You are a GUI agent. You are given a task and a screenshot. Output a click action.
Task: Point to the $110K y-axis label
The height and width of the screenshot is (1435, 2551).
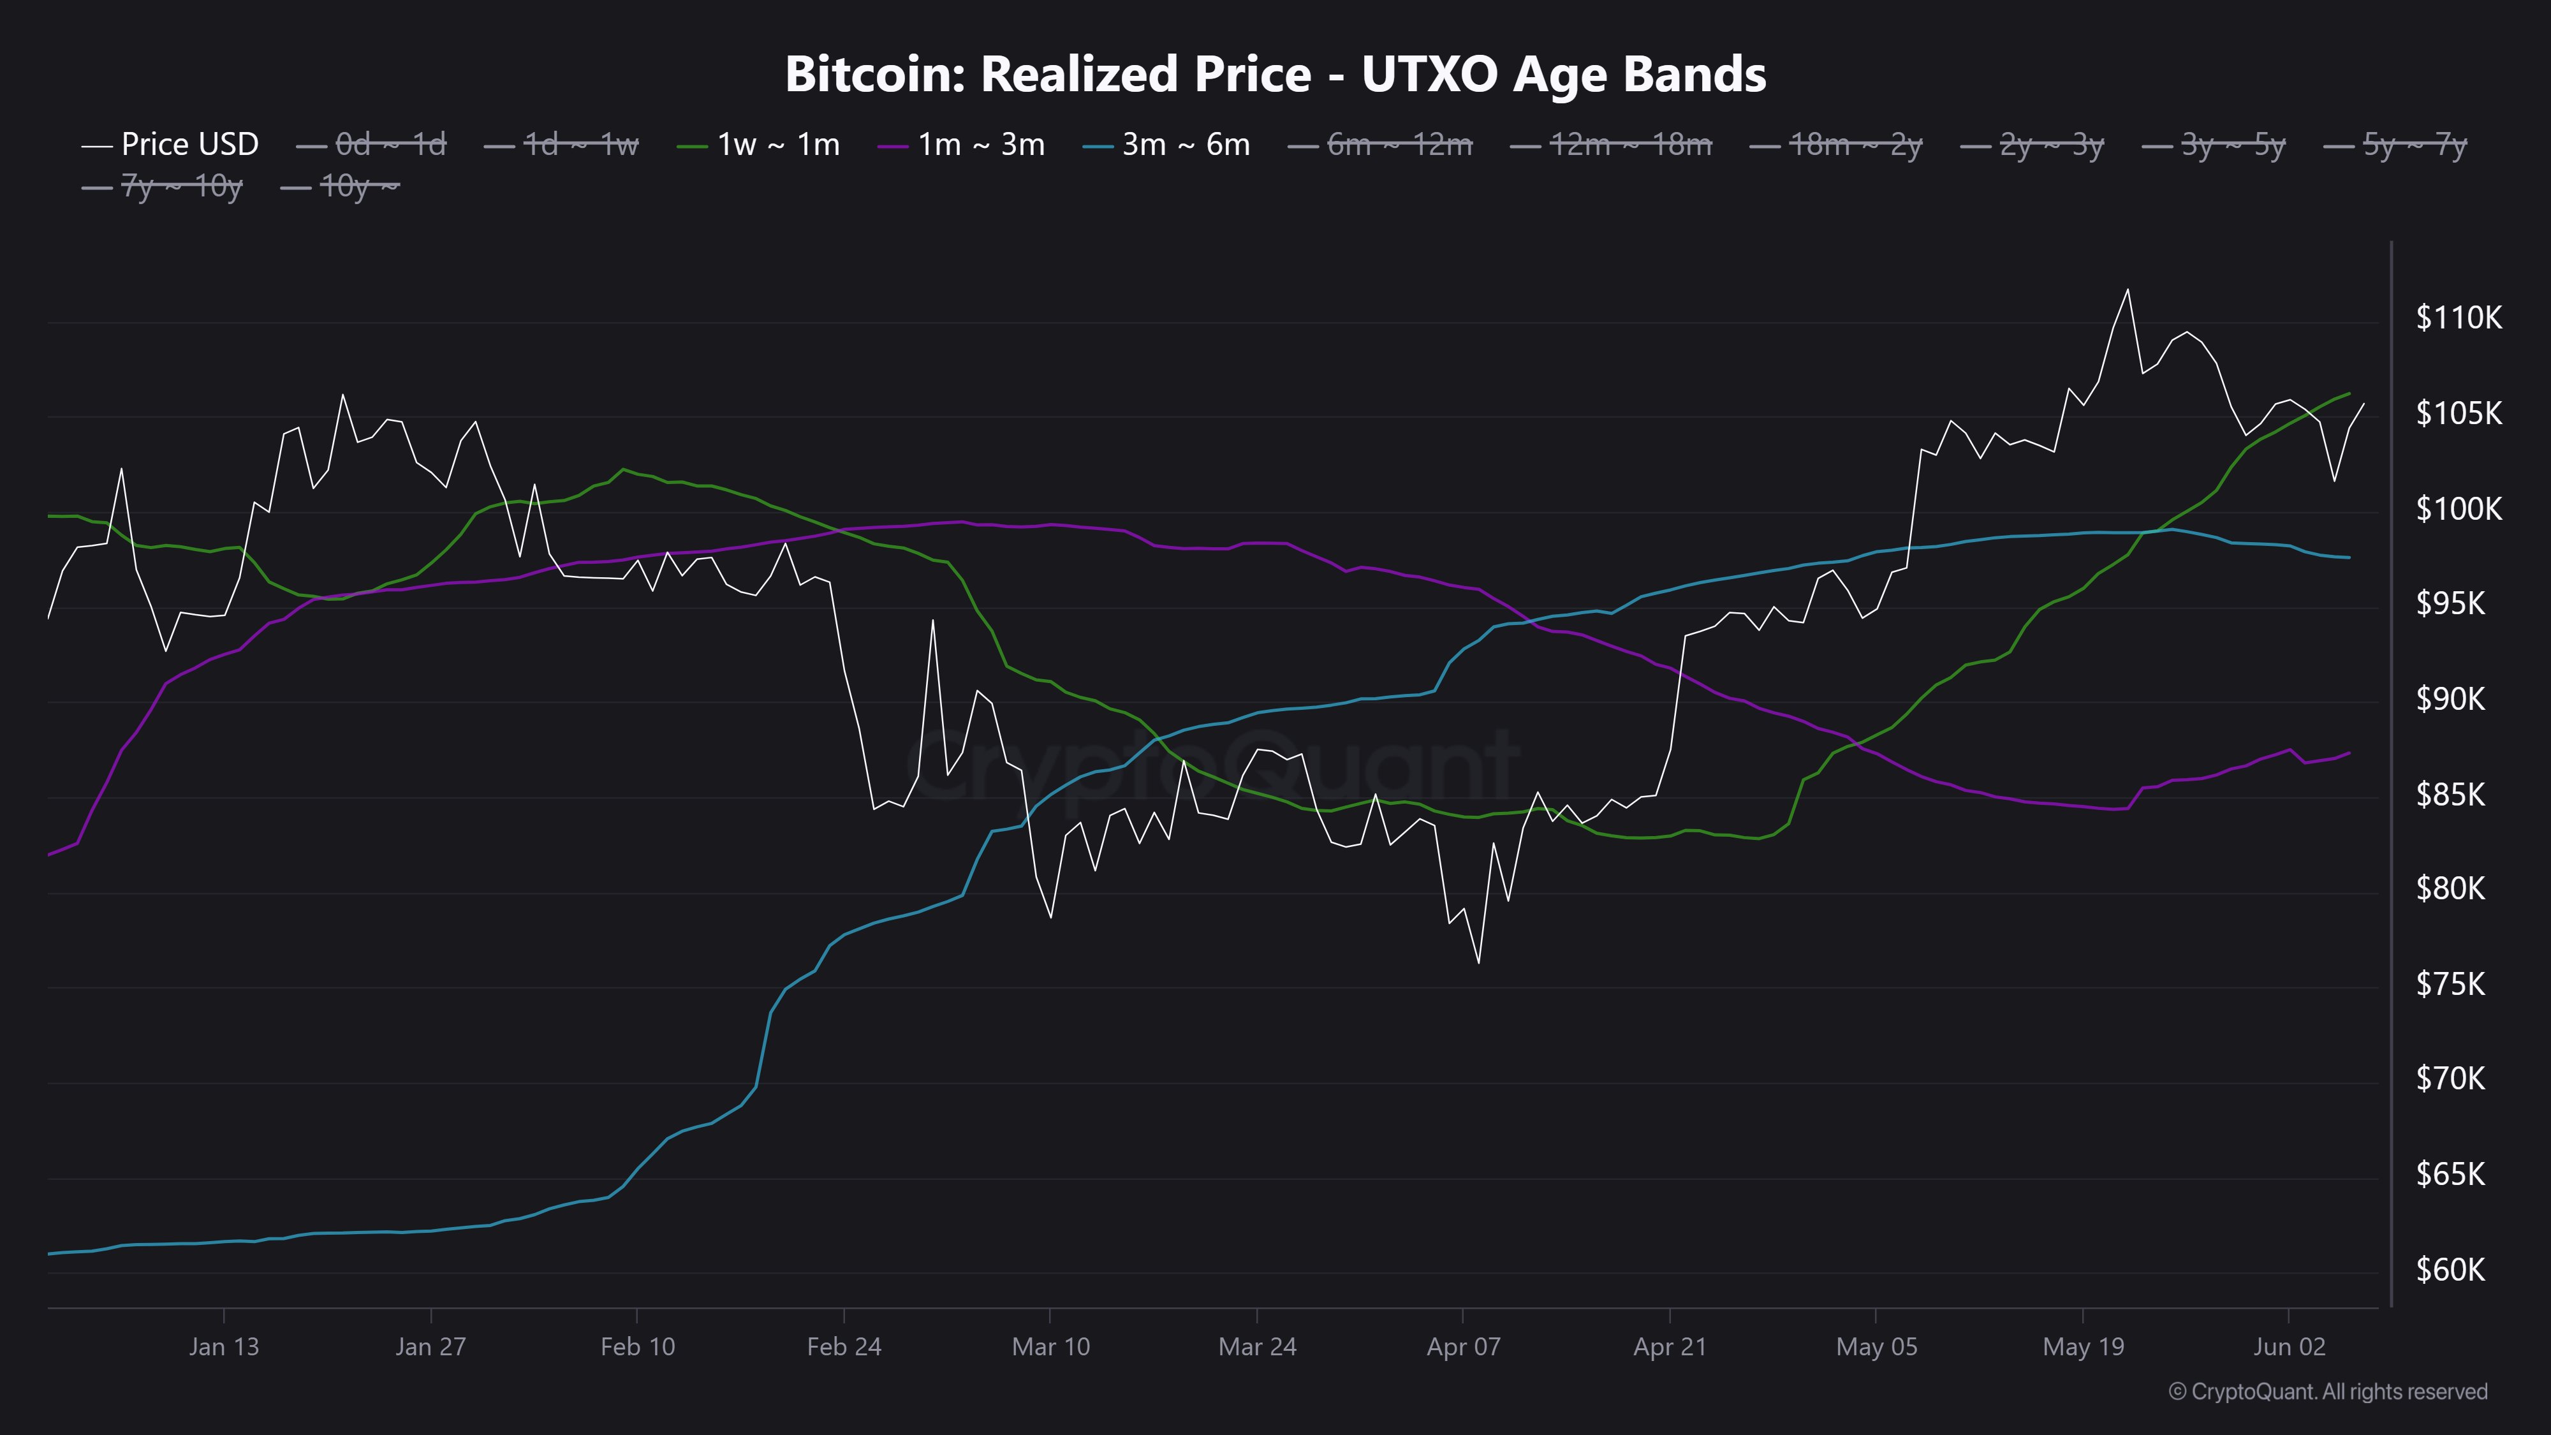coord(2458,318)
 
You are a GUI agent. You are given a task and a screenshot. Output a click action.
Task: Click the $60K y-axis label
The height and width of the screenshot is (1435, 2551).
coord(2450,1270)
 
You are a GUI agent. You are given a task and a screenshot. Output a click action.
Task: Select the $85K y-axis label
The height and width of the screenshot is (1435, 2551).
coord(2450,794)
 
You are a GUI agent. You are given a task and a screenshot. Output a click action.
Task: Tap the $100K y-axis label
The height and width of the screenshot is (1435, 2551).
coord(2458,509)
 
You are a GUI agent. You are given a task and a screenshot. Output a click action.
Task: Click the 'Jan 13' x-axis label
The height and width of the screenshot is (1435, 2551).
coord(224,1347)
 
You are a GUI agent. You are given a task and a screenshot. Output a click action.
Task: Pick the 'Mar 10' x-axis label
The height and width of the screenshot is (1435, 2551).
coord(1051,1347)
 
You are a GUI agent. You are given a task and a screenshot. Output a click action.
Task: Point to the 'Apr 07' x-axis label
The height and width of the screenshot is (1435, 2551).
coord(1464,1347)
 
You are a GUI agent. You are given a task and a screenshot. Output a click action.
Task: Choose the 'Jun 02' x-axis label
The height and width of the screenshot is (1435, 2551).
coord(2289,1347)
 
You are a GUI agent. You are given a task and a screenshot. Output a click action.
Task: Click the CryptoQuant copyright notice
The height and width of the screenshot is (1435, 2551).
coord(2327,1392)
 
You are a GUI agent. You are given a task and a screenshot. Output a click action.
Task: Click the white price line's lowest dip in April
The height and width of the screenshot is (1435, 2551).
coord(1478,962)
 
